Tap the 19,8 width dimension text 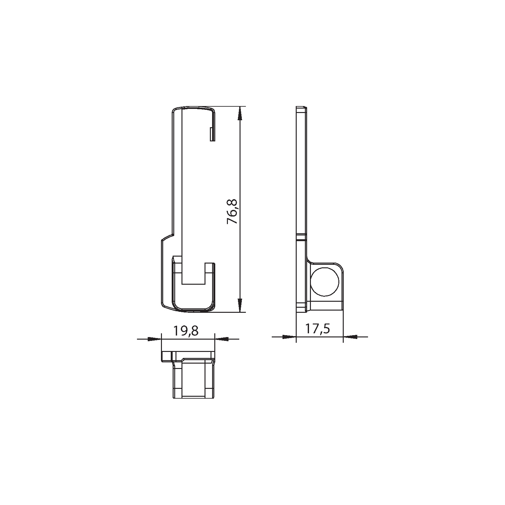[x=186, y=331]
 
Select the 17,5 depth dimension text [x=318, y=329]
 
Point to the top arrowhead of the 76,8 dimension [x=240, y=113]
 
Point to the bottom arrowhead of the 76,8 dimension [x=240, y=305]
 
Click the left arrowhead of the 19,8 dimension [x=154, y=339]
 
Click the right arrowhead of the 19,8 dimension [x=222, y=339]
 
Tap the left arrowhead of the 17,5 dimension [x=289, y=337]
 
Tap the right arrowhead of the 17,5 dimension [x=350, y=337]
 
